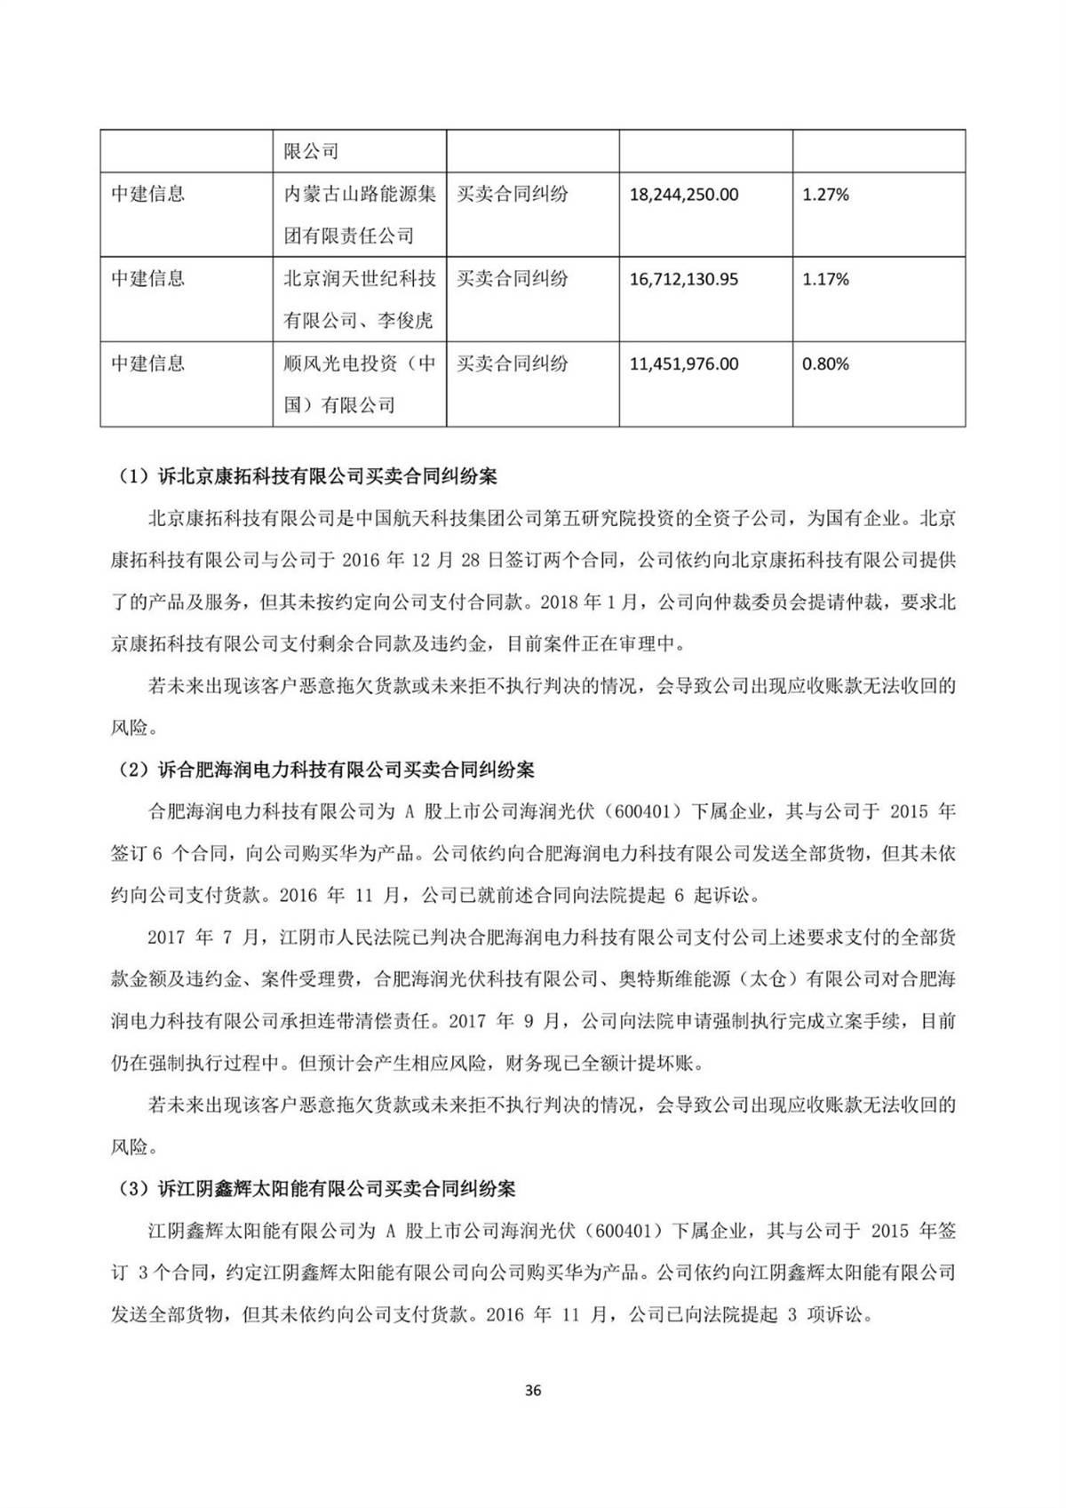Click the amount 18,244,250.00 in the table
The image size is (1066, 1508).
pos(684,194)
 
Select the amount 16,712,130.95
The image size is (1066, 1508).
pos(684,279)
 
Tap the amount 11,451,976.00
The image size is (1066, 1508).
pos(684,363)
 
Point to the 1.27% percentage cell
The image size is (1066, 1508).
pos(825,194)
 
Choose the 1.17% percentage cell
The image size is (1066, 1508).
pos(825,279)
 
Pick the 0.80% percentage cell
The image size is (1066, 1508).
pos(825,363)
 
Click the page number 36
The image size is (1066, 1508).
pos(533,1391)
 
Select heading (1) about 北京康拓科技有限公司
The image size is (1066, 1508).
pos(307,476)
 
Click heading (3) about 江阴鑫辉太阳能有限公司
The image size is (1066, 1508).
pos(317,1188)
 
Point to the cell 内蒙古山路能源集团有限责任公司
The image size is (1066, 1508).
pos(359,214)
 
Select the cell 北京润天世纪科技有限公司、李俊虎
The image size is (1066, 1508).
pos(359,299)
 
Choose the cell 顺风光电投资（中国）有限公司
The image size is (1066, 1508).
pos(359,384)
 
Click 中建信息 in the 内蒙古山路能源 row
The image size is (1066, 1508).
pos(147,194)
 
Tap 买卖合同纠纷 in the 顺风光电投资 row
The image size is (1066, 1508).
pos(513,363)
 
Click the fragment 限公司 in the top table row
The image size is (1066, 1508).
pos(311,151)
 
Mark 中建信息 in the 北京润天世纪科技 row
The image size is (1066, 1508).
pos(147,279)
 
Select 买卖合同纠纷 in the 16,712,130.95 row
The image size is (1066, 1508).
pos(513,279)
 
